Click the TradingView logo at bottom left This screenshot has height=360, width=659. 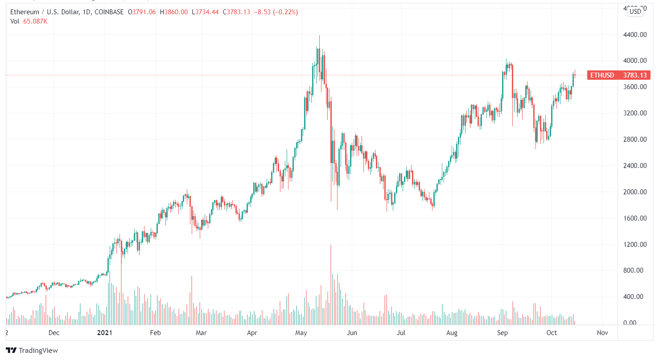[32, 350]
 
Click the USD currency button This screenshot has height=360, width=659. [635, 12]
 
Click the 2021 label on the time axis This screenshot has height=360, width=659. [104, 333]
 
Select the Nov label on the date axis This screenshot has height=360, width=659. [602, 333]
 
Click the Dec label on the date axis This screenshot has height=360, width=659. [54, 333]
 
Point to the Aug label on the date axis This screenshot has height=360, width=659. [452, 333]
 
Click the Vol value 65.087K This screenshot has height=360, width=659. [35, 21]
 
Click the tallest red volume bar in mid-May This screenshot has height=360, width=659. [331, 285]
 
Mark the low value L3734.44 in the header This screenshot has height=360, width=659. [205, 12]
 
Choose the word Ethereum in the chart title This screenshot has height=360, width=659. [25, 12]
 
